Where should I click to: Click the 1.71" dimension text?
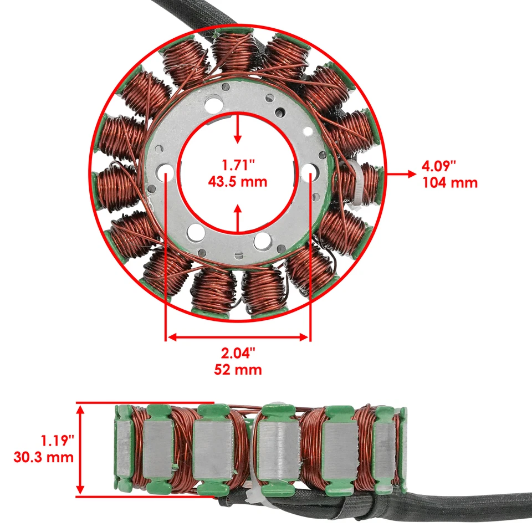[238, 165]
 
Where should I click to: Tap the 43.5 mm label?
[238, 181]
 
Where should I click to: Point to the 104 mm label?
[449, 182]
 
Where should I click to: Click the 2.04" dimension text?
[238, 352]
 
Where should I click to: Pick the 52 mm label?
[238, 370]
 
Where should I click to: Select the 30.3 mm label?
[43, 458]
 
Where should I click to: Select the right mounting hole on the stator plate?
[309, 173]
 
